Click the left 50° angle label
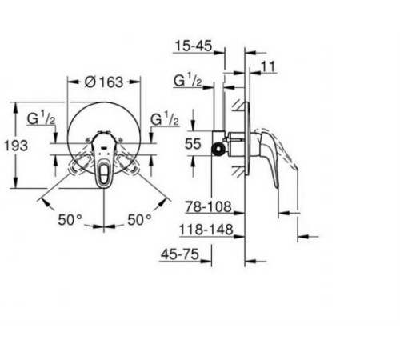(69, 218)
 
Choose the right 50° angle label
(138, 218)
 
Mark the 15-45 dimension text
(194, 46)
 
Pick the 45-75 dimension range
(179, 255)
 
